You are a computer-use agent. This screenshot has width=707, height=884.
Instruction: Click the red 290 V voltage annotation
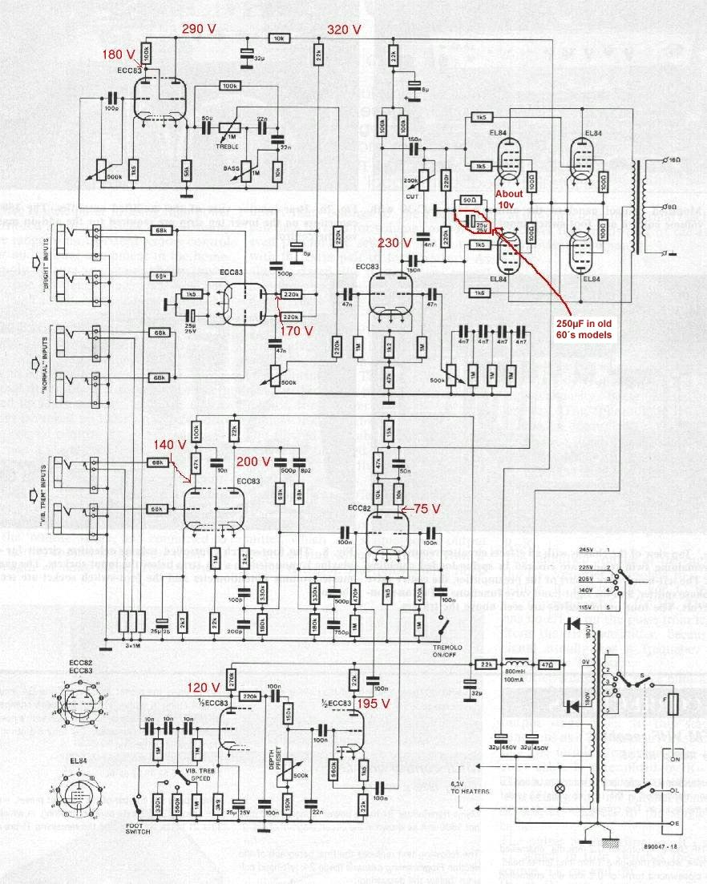pyautogui.click(x=200, y=30)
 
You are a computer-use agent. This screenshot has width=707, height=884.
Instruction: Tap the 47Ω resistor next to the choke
pyautogui.click(x=547, y=664)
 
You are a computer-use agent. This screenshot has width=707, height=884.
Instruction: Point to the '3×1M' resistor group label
pyautogui.click(x=133, y=644)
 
